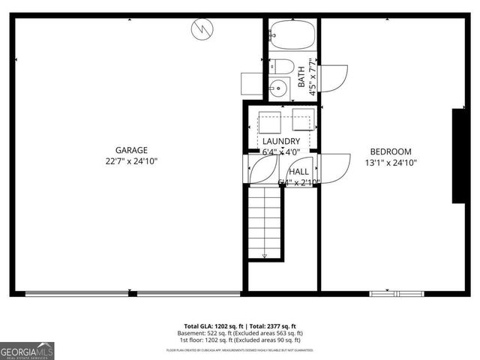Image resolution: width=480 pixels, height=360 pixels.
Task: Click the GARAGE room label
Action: (131, 150)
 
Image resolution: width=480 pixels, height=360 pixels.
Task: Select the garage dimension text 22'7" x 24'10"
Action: (131, 161)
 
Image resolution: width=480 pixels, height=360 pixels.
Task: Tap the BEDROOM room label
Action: (391, 151)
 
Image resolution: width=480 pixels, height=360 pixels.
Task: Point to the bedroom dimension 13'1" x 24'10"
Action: (391, 162)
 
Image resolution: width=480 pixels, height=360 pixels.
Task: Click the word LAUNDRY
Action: (281, 142)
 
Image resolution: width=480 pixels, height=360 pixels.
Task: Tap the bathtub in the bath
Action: (291, 34)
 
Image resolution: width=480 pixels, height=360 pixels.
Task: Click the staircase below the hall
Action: (265, 223)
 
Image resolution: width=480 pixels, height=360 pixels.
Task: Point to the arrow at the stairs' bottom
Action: (265, 256)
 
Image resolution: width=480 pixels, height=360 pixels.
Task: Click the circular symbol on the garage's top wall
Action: (202, 29)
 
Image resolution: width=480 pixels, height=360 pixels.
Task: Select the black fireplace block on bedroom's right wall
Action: (457, 155)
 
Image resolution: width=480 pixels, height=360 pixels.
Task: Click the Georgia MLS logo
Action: (28, 350)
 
